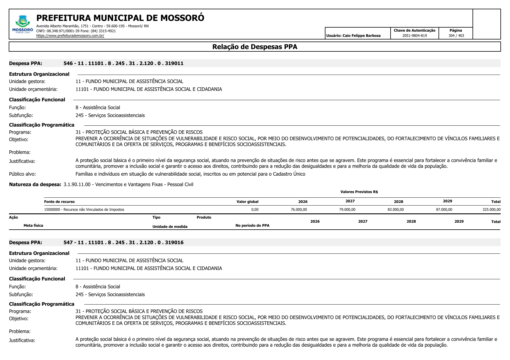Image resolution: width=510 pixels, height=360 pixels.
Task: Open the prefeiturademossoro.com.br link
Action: [70, 36]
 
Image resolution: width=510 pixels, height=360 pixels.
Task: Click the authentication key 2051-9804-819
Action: [414, 36]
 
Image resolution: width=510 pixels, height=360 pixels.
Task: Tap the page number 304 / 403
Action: [456, 36]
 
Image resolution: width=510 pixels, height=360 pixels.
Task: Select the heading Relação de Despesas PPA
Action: [255, 47]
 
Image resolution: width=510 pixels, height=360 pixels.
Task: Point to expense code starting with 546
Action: [123, 63]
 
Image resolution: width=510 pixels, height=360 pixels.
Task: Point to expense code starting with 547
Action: [123, 242]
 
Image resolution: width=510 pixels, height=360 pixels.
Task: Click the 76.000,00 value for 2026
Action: [299, 210]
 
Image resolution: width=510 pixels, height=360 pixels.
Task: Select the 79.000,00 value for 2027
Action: [347, 210]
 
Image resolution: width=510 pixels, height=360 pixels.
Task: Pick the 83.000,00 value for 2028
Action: [396, 210]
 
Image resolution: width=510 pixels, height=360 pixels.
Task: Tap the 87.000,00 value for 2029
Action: [444, 210]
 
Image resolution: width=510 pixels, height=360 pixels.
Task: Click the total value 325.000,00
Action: [491, 210]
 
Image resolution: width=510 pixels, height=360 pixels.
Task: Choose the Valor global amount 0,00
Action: [255, 210]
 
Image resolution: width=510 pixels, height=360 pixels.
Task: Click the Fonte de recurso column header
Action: [59, 202]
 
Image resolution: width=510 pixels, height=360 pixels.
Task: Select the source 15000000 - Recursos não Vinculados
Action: [84, 210]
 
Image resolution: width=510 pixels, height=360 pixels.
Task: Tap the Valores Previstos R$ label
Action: [359, 192]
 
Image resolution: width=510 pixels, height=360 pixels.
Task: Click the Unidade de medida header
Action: [170, 227]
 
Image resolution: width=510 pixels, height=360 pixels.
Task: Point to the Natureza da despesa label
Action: [35, 184]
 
